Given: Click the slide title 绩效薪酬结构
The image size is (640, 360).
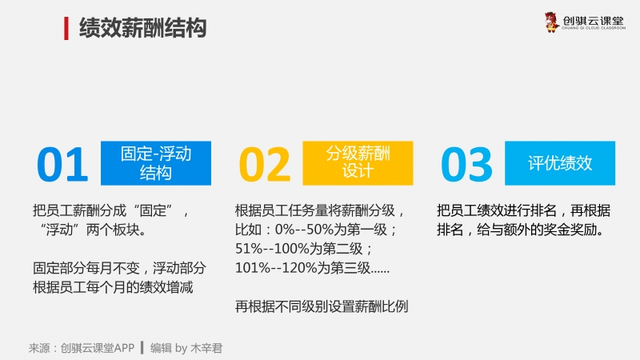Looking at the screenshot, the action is pos(143,28).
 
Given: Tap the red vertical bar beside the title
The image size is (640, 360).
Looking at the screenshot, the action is pos(66,28).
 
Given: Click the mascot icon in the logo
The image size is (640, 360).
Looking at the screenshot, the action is pos(551,22).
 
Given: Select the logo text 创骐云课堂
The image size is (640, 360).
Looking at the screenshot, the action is pos(593,21).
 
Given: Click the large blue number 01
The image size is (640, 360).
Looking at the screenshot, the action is pos(62,165).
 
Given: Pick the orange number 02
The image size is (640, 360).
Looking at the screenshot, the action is pos(265,165).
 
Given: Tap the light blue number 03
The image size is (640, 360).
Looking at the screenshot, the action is pos(466,165).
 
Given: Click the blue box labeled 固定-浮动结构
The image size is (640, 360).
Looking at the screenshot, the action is pos(156,163).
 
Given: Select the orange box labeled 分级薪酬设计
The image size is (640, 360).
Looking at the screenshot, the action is pos(358,163).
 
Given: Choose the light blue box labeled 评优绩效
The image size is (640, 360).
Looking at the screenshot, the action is pos(560,163).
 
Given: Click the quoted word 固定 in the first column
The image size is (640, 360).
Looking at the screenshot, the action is pos(153,210).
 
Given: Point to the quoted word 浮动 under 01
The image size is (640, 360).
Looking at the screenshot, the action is pos(59,230).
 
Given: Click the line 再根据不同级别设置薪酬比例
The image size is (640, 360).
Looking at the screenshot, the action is pos(322,306).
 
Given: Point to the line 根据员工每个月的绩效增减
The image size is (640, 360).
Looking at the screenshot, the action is pos(113,287).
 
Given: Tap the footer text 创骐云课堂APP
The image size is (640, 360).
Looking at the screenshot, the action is pos(98,348).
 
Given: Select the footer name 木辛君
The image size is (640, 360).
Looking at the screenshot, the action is pos(206,348).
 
